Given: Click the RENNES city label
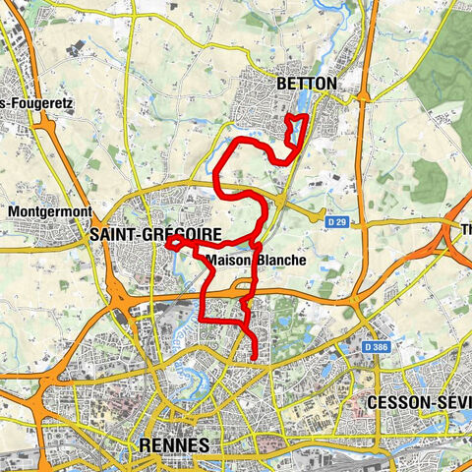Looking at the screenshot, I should click(175, 444).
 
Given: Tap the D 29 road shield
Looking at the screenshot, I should click(337, 223).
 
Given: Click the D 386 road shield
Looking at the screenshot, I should click(373, 347).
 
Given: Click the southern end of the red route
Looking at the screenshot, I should click(255, 359).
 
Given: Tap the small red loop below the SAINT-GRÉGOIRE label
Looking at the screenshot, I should click(173, 243).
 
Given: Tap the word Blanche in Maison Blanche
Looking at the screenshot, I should click(282, 261).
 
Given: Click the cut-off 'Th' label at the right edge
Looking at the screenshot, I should click(465, 230).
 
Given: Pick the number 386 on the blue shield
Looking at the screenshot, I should click(377, 347).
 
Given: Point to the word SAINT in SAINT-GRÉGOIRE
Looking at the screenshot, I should click(110, 235).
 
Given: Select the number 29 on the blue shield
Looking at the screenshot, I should click(342, 223).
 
